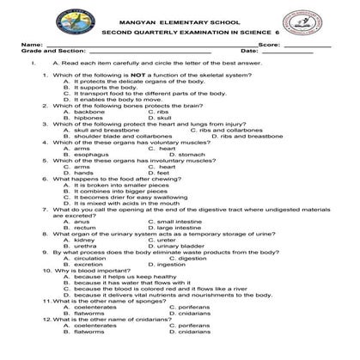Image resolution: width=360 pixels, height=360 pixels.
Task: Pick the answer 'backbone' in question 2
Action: click(89, 112)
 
